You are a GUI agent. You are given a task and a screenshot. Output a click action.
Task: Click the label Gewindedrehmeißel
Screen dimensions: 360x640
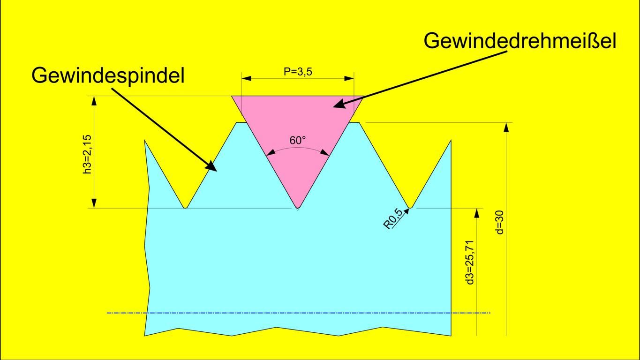pos(520,41)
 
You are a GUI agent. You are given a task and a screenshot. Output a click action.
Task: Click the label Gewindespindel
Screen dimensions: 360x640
pos(108,75)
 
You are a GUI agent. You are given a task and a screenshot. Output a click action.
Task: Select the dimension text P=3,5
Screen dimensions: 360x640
pos(298,72)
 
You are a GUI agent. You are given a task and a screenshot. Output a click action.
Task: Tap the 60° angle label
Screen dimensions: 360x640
pos(297,140)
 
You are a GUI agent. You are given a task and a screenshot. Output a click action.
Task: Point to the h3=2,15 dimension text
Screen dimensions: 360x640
pos(87,155)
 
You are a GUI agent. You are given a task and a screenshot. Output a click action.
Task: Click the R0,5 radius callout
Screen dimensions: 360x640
pos(393,219)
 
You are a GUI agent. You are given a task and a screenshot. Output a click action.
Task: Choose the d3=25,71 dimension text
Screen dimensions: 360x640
pos(471,262)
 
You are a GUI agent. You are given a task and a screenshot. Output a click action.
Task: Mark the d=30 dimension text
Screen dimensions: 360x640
pos(499,222)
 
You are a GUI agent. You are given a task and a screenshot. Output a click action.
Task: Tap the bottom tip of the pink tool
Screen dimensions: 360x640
pos(297,207)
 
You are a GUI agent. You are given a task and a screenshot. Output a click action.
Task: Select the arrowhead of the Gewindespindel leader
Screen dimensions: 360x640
pos(211,167)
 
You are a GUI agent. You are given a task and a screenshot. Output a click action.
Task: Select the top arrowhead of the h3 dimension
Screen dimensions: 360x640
pos(94,101)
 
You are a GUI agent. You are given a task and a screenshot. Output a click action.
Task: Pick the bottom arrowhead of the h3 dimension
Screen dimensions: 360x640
pos(94,203)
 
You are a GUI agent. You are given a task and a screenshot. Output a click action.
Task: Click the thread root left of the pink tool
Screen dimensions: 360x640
pos(186,207)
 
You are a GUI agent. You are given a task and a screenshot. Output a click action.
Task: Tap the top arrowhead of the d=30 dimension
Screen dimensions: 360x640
pos(506,127)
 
